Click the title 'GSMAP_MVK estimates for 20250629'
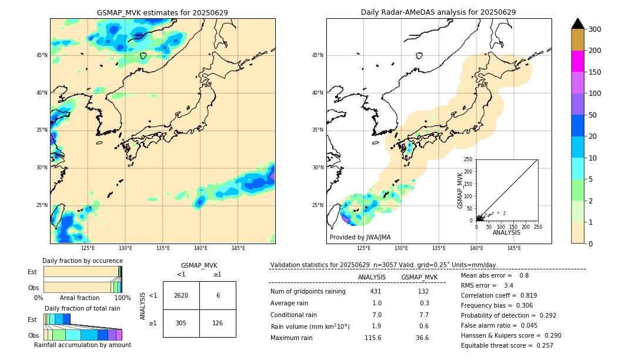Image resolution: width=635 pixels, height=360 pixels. (x=162, y=12)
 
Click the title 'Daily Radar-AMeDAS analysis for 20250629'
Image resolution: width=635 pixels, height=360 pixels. (x=439, y=12)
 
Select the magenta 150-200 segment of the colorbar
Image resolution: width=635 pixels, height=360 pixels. (x=577, y=61)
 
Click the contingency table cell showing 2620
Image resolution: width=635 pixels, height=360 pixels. (x=181, y=296)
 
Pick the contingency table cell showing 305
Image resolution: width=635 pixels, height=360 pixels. (x=181, y=323)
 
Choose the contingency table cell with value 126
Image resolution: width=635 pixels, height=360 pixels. (x=218, y=323)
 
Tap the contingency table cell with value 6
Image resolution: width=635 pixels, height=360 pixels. (x=218, y=296)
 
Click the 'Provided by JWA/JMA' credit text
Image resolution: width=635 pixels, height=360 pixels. (x=360, y=238)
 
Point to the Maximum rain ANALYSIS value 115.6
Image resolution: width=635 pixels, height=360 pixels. (x=373, y=338)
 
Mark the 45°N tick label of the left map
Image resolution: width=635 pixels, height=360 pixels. (x=42, y=55)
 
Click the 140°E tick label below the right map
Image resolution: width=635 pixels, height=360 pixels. (x=476, y=248)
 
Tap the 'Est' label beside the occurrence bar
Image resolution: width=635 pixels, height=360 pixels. (x=32, y=272)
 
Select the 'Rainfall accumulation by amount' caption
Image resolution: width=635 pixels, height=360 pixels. (x=82, y=345)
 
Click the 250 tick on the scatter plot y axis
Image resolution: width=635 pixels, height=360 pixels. (x=468, y=159)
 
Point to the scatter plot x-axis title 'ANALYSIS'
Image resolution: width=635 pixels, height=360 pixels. (x=506, y=233)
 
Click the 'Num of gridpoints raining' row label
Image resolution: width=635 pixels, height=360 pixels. (x=308, y=292)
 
